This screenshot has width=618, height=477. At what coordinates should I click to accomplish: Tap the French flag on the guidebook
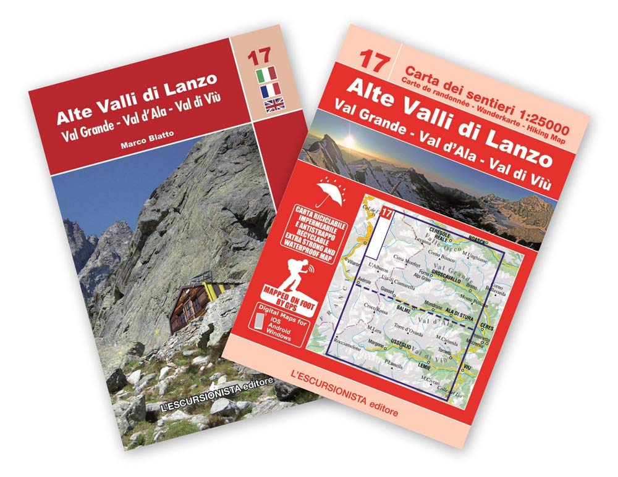pos(270,91)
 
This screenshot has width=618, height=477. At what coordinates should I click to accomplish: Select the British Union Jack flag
pos(273,106)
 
